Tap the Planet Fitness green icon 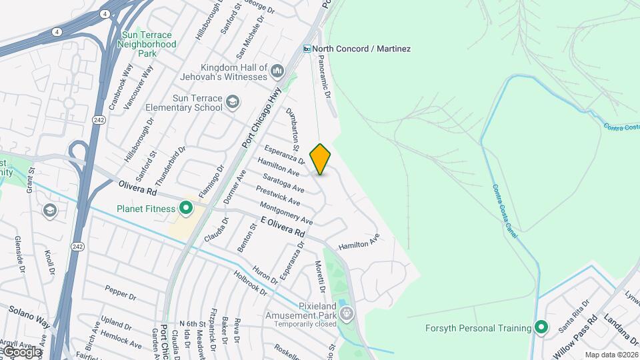pos(185,209)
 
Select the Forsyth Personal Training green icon pos(541,328)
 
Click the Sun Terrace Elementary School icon pos(232,102)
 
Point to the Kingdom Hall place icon pos(277,71)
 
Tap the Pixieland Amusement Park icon pos(345,313)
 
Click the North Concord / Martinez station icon pos(307,49)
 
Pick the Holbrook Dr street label pos(250,283)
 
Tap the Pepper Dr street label pos(120,292)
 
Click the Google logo pos(21,351)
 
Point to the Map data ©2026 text pos(611,355)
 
